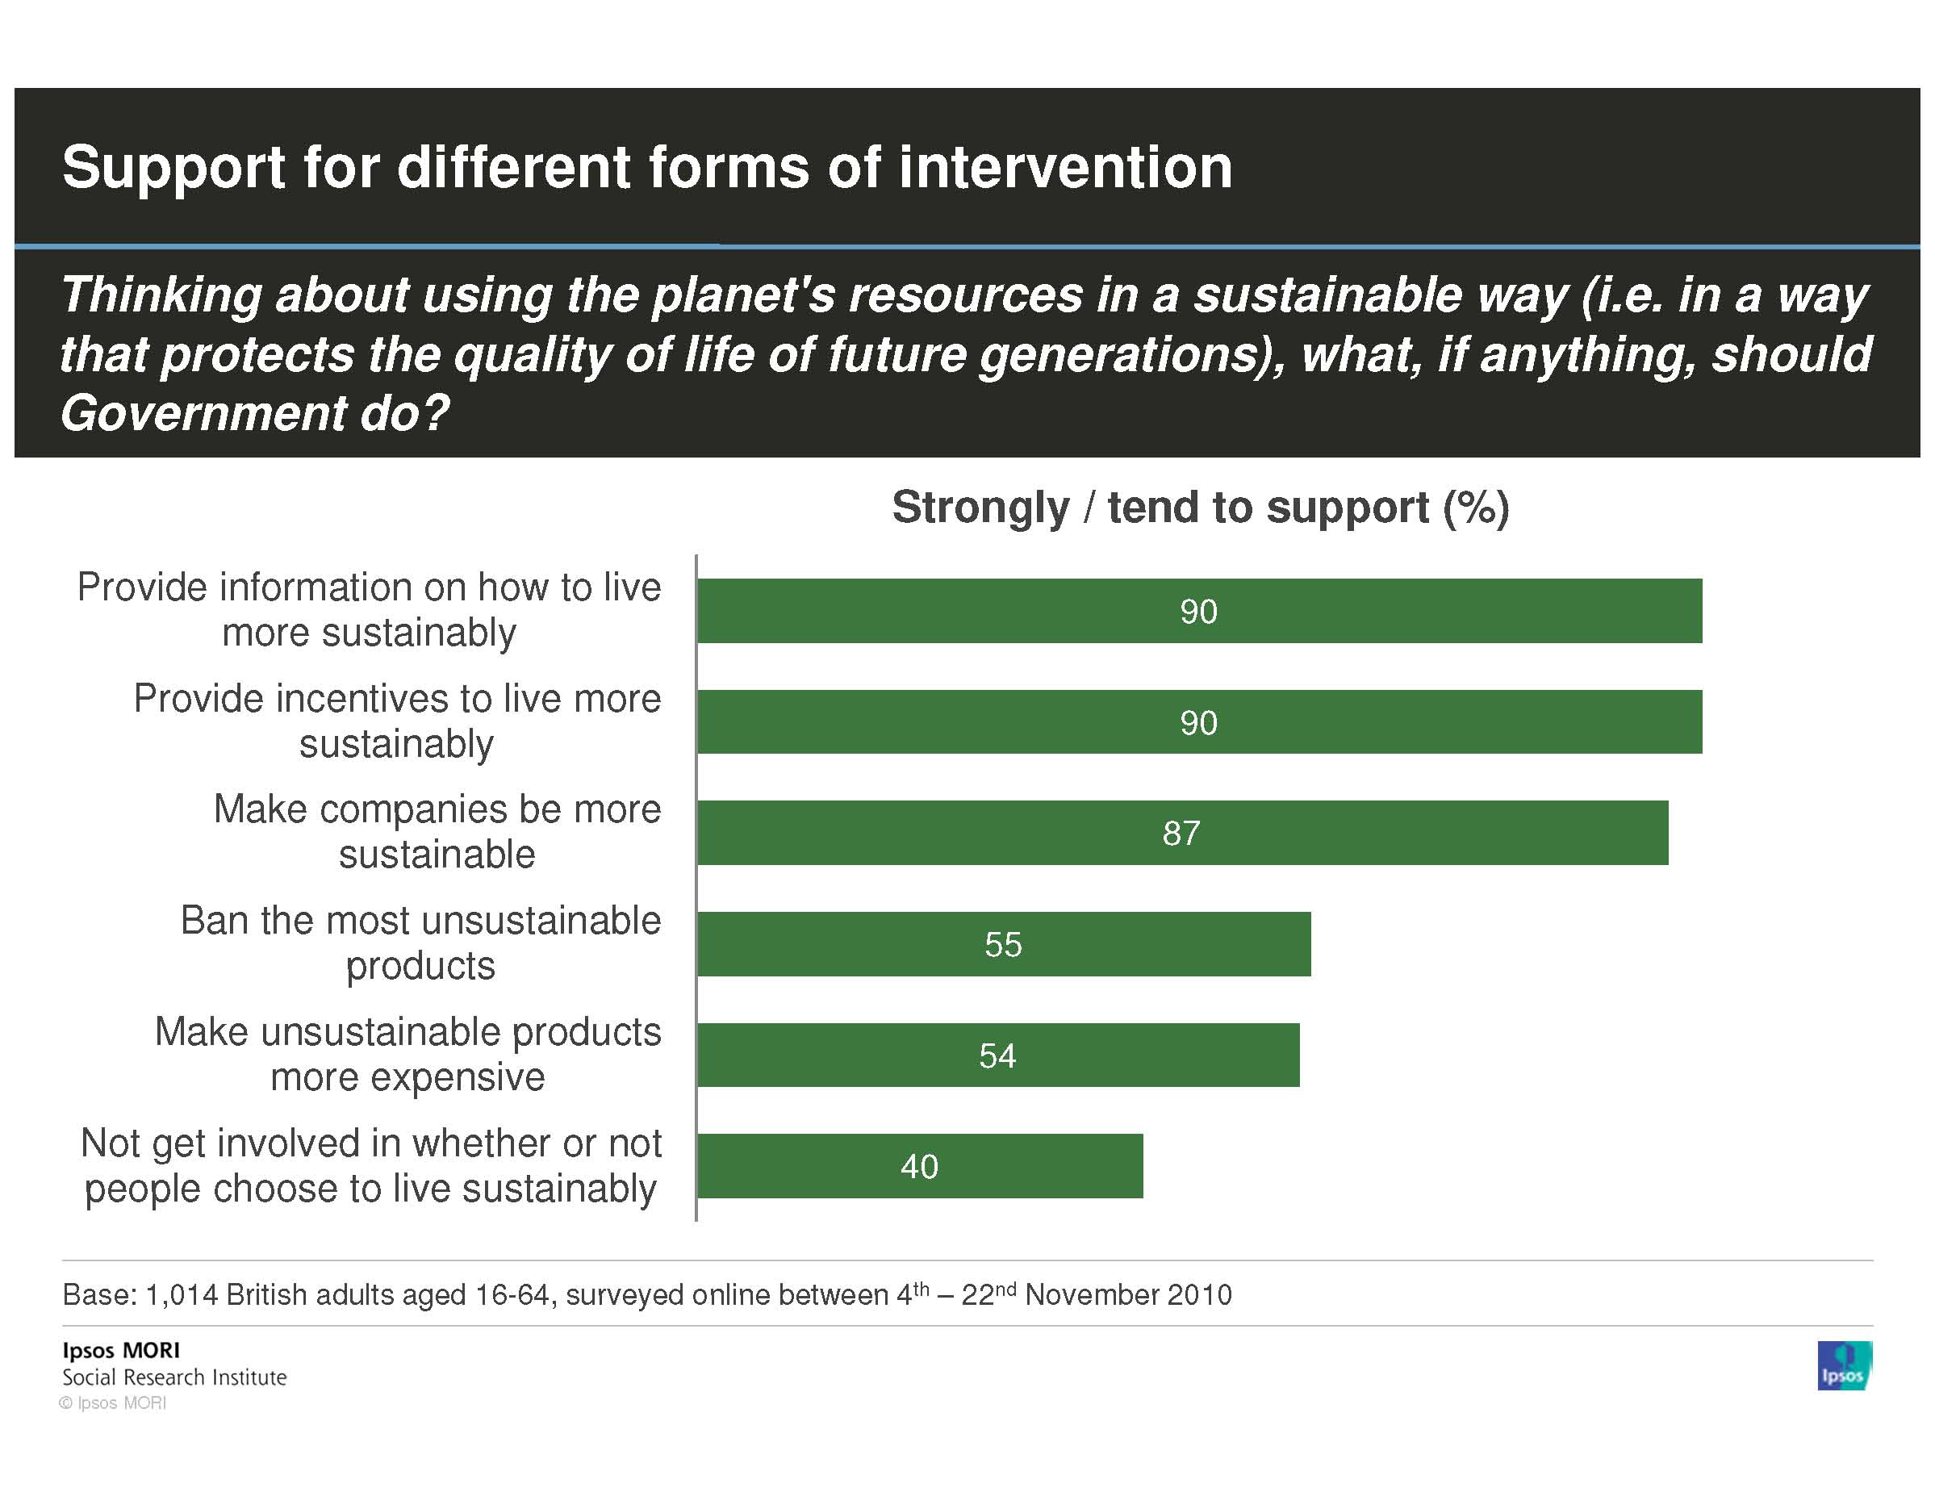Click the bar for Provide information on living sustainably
(x=1199, y=611)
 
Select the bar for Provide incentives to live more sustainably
(x=1199, y=721)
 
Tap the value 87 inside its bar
(x=1181, y=833)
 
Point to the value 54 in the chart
(x=997, y=1055)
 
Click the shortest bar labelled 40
(x=920, y=1166)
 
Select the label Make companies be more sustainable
(x=437, y=831)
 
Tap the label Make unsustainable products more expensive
(x=407, y=1055)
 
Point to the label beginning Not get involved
(x=370, y=1165)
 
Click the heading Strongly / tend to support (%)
(x=1200, y=508)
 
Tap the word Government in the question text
(x=201, y=413)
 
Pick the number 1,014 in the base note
(x=181, y=1294)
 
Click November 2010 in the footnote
(x=1128, y=1294)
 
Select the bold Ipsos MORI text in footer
(x=121, y=1350)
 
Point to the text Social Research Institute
(x=174, y=1377)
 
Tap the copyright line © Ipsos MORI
(x=112, y=1402)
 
